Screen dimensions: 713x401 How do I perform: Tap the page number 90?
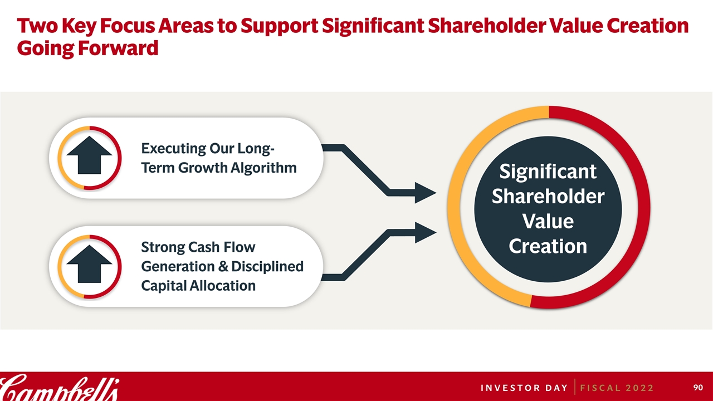point(698,387)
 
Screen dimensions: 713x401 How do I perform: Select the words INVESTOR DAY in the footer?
point(524,388)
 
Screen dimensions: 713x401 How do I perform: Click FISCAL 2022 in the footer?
point(617,388)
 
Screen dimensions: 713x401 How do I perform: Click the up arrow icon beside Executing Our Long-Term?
point(90,155)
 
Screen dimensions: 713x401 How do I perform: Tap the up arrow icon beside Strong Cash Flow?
point(90,264)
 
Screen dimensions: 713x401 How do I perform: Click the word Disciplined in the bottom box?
point(267,266)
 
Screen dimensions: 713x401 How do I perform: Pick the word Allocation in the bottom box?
point(222,286)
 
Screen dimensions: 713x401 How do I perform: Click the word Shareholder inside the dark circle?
point(548,196)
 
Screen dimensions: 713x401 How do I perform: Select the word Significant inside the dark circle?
point(548,172)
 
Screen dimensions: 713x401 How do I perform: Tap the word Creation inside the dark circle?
point(548,246)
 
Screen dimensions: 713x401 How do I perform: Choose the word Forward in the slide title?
point(118,48)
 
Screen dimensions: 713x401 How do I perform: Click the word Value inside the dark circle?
point(548,221)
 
